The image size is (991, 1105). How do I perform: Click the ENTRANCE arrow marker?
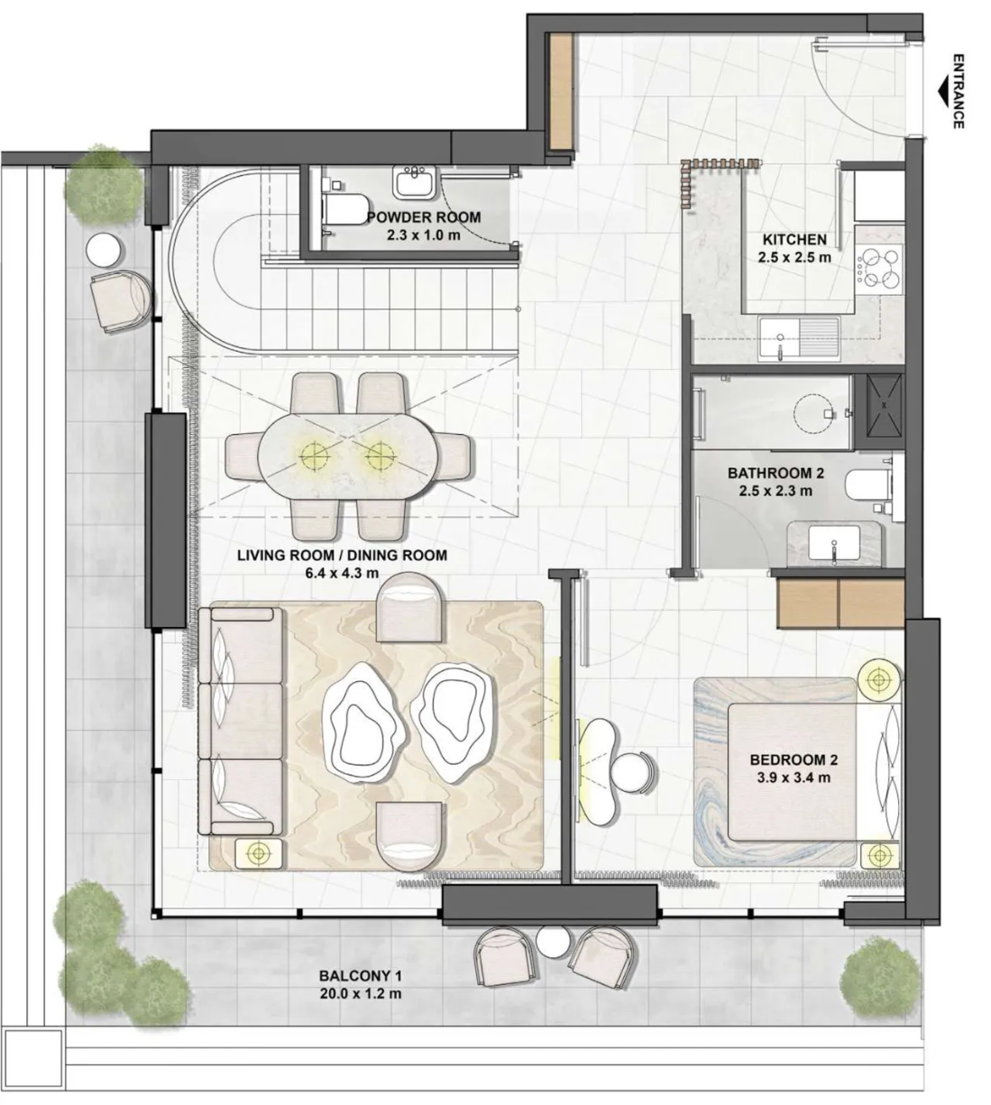click(x=943, y=93)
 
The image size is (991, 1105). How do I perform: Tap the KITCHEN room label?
click(x=794, y=239)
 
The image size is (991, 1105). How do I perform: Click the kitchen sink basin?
click(x=780, y=339)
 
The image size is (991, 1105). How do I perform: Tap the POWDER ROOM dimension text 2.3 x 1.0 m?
click(x=423, y=235)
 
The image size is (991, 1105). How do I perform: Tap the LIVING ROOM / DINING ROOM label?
click(x=342, y=556)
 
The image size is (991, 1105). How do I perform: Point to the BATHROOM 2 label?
click(x=775, y=473)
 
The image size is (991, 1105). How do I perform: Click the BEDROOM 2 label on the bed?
click(x=793, y=760)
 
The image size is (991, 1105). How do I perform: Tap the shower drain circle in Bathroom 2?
click(x=812, y=413)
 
